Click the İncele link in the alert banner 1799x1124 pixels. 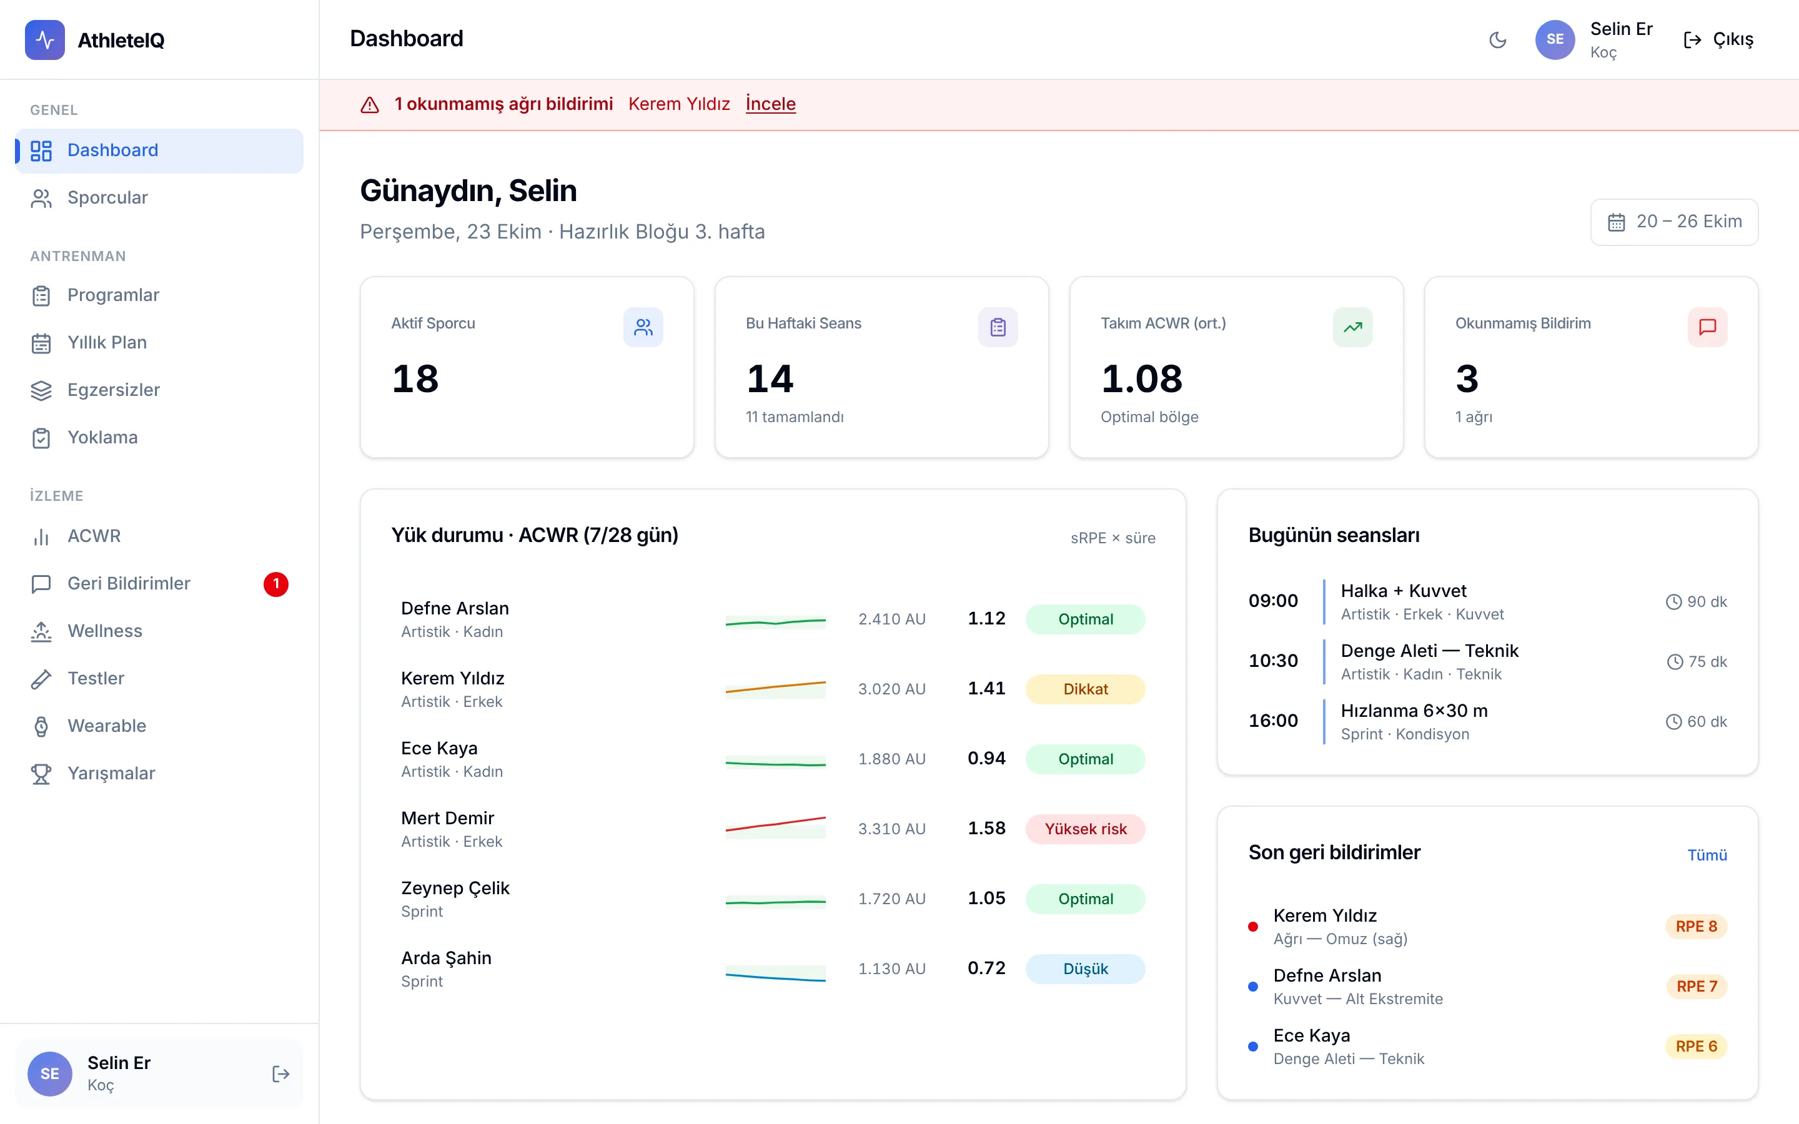(x=770, y=104)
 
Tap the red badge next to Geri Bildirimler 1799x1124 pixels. (x=276, y=584)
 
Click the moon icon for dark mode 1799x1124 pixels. (x=1498, y=40)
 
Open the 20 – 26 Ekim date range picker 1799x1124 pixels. (x=1674, y=222)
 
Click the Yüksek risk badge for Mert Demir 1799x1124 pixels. (x=1086, y=829)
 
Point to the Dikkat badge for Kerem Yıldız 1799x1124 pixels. (x=1086, y=689)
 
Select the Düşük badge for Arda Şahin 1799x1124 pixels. (x=1086, y=969)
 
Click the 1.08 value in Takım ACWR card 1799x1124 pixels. (x=1142, y=379)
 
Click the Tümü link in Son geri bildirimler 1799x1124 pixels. (x=1707, y=855)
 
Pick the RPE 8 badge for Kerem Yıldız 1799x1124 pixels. (x=1697, y=926)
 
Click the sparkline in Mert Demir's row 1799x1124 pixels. (x=775, y=825)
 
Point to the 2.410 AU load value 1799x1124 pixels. (x=892, y=619)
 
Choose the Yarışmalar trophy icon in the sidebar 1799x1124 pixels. (x=41, y=774)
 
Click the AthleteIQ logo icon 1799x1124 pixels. (x=44, y=40)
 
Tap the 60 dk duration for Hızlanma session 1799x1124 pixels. (x=1697, y=722)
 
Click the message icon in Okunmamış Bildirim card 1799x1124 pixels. (x=1708, y=327)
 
